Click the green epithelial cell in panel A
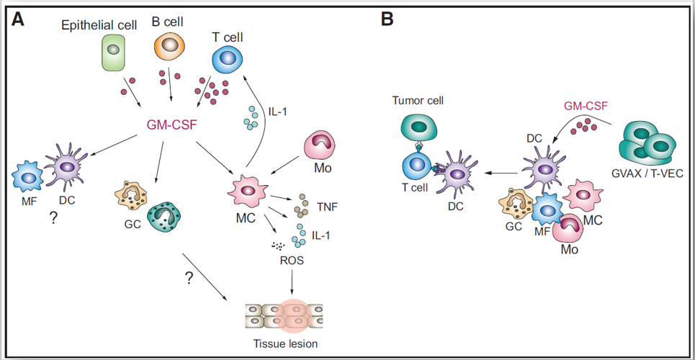pyautogui.click(x=114, y=53)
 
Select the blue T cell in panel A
pyautogui.click(x=228, y=58)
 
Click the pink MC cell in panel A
pyautogui.click(x=247, y=191)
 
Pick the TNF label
pyautogui.click(x=325, y=206)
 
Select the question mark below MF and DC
pyautogui.click(x=53, y=219)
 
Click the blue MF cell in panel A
pyautogui.click(x=28, y=177)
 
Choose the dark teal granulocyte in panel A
pyautogui.click(x=163, y=217)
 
